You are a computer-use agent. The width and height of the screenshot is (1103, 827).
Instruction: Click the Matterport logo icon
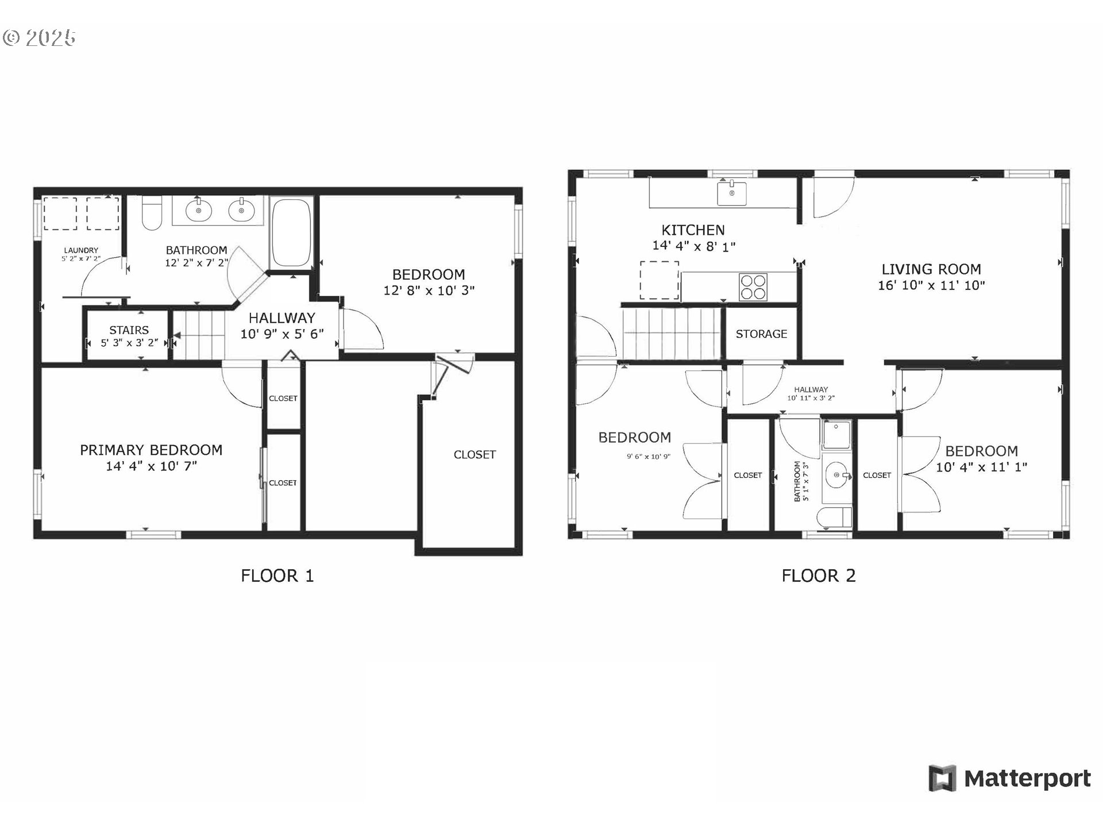942,778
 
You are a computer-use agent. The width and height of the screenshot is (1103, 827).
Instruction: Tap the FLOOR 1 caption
277,575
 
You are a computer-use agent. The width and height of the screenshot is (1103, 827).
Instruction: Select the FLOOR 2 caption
818,575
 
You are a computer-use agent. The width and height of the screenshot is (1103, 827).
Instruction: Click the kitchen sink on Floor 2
732,193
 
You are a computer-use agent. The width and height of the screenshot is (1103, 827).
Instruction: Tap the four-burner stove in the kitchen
753,287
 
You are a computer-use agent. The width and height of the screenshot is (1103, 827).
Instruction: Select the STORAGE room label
761,334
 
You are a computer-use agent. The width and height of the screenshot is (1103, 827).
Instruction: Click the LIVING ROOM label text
931,269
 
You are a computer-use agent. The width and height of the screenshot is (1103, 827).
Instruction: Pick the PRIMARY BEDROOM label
151,450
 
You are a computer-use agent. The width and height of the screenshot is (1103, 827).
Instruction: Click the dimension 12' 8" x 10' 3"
429,291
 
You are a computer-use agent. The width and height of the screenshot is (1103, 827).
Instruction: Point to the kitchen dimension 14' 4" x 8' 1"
693,246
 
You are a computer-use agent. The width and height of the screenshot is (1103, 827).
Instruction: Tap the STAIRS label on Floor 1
129,330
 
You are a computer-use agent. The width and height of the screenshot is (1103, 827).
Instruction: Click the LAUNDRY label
81,250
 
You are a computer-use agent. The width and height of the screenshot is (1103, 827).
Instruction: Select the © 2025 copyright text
39,38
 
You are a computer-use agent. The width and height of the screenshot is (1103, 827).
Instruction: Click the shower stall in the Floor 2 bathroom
836,435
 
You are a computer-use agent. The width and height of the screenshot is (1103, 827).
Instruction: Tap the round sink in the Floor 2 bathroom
836,476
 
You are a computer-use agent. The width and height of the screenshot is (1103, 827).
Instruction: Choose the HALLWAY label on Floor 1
281,318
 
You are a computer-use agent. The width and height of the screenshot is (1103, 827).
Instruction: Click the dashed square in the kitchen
660,280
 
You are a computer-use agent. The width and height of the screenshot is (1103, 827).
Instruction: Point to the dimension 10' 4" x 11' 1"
981,467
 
